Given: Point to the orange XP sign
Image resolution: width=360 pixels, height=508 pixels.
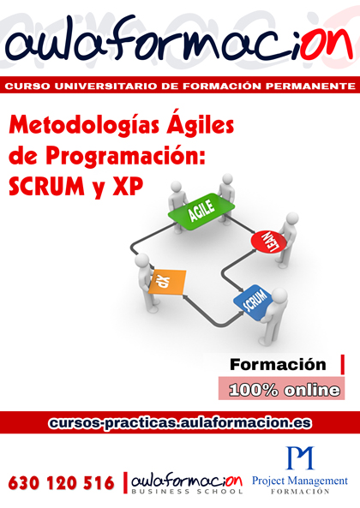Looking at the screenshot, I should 166,279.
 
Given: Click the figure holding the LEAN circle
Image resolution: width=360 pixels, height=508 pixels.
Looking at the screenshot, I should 287,236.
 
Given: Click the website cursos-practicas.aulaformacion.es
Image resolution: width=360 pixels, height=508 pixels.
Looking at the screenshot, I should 179,422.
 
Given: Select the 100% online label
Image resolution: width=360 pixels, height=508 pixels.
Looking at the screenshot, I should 285,390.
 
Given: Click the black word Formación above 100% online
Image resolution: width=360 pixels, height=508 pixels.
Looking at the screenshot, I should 277,364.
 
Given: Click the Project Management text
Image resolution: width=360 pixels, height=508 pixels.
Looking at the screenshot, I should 300,481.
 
